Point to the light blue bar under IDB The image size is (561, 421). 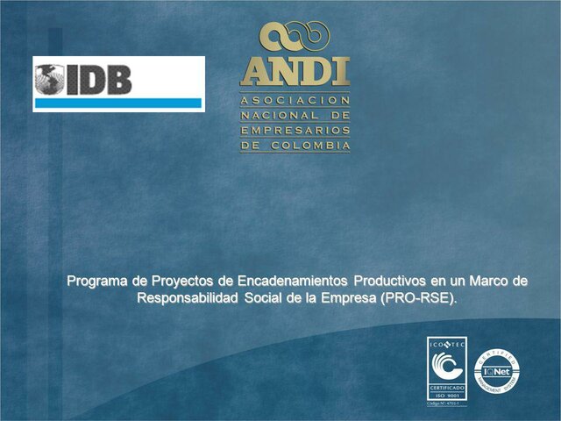coord(118,103)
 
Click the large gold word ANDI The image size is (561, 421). coord(295,70)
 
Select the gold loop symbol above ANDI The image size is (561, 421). coord(295,36)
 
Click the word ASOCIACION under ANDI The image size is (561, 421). coord(295,100)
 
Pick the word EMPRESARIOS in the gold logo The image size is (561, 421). coord(295,130)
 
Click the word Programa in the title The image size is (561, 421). coord(99,282)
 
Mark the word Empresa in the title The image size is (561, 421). coord(346,298)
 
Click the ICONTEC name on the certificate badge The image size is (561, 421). coord(447,346)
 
